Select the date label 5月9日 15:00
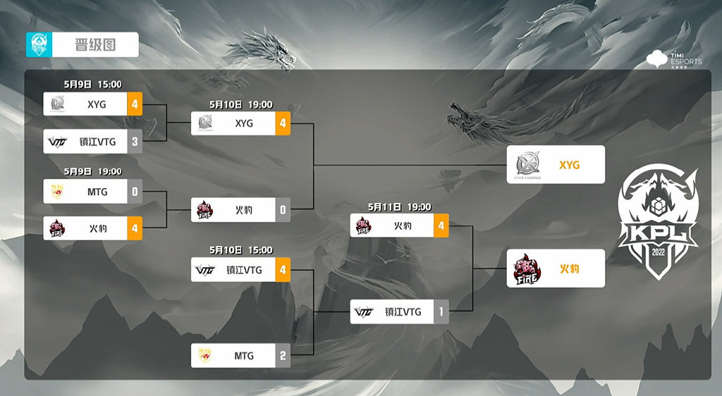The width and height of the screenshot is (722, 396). click(x=92, y=85)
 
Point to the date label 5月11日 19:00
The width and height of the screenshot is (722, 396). click(x=399, y=207)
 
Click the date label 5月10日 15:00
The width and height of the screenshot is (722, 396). click(x=240, y=250)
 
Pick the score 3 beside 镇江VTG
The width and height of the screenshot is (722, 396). click(x=135, y=142)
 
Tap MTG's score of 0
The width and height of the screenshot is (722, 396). click(x=135, y=192)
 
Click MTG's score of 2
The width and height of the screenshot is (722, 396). click(x=283, y=356)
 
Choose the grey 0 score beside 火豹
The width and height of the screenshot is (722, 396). click(x=283, y=210)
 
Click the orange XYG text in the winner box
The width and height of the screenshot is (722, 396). click(x=569, y=165)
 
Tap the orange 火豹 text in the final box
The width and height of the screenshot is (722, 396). click(x=569, y=268)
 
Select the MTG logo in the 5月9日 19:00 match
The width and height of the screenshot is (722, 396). click(x=57, y=192)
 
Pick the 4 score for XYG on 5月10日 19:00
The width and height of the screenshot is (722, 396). click(x=283, y=123)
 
